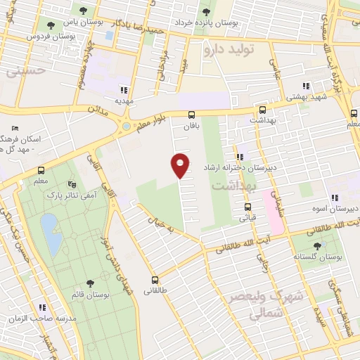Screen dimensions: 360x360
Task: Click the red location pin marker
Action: coord(181,165)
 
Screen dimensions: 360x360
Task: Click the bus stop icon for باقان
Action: coord(191,115)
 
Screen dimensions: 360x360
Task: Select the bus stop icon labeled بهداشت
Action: coord(262,110)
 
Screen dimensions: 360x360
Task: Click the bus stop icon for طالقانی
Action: coord(155,280)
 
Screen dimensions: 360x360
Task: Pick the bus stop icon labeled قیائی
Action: coord(247,207)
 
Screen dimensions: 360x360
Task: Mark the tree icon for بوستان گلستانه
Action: coord(317,246)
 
